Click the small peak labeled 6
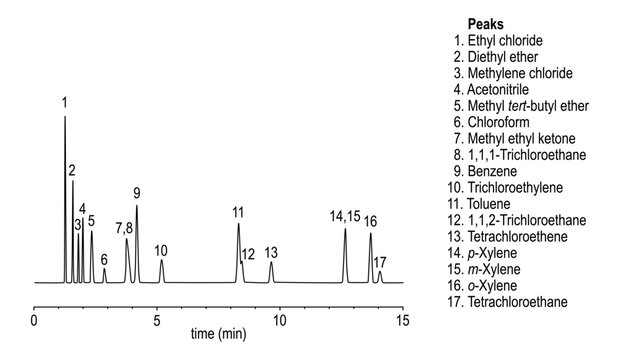click(x=104, y=276)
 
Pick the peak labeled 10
click(x=161, y=271)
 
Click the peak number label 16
click(x=370, y=221)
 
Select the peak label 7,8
click(x=125, y=228)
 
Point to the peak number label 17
click(x=380, y=262)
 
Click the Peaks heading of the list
click(x=486, y=23)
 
